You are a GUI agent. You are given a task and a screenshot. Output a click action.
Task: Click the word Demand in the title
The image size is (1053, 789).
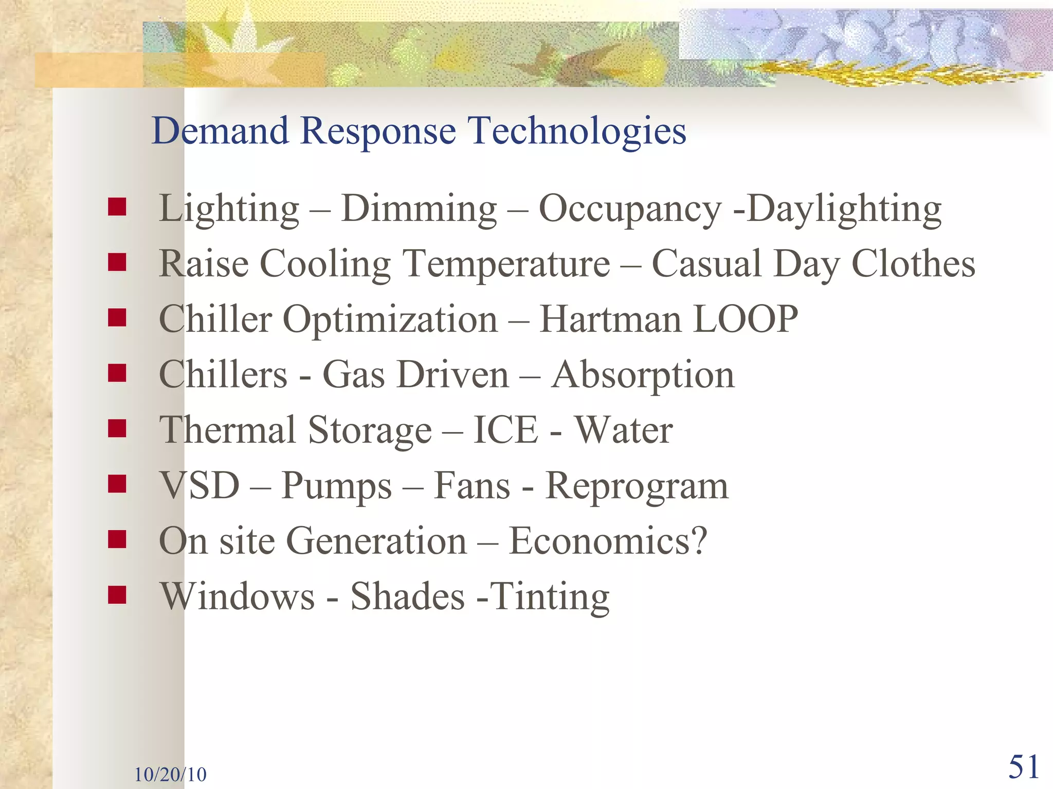(x=220, y=130)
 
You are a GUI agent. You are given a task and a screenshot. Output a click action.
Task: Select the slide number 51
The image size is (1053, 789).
(x=1024, y=767)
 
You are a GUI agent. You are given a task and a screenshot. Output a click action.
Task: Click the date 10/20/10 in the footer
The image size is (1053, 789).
(x=170, y=774)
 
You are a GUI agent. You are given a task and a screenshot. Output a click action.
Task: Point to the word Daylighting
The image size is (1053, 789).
(x=844, y=210)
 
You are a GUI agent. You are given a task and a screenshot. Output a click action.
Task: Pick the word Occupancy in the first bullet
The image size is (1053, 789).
(x=630, y=210)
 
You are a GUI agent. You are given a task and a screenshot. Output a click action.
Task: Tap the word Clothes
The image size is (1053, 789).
(x=913, y=264)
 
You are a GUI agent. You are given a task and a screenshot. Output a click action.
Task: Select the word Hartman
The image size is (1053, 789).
(x=611, y=320)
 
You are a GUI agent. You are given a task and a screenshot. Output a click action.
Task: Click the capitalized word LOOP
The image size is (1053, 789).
(x=746, y=320)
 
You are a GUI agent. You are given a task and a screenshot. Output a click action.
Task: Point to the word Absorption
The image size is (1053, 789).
(x=643, y=375)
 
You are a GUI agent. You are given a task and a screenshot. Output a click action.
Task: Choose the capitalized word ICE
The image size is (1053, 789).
(x=506, y=430)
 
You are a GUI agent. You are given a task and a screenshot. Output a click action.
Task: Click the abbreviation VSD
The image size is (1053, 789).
(x=200, y=485)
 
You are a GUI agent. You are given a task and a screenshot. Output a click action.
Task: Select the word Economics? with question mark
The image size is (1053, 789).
(x=608, y=541)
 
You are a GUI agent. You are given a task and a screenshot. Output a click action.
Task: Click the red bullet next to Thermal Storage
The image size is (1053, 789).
(x=117, y=428)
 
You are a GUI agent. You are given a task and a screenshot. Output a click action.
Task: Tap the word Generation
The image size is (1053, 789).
(x=376, y=541)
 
